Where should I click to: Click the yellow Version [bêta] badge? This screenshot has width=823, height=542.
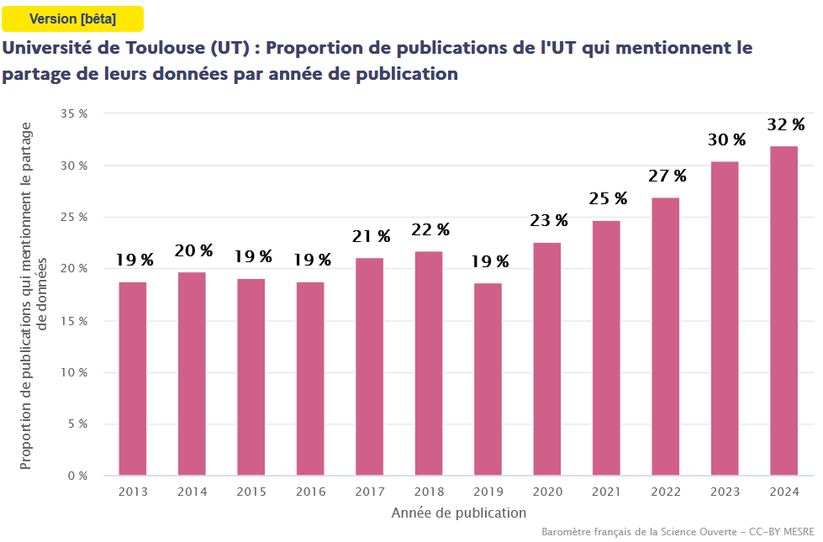[72, 18]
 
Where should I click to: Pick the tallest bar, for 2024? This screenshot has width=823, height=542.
[783, 311]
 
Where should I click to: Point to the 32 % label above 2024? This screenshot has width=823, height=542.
[785, 125]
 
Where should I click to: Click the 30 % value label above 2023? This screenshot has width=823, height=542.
[726, 139]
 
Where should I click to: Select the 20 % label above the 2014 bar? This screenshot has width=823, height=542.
[193, 250]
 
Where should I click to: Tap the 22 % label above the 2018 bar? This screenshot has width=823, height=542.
[430, 230]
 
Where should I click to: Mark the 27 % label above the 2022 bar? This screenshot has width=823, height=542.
[667, 176]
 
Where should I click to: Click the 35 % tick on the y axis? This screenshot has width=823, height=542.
[75, 113]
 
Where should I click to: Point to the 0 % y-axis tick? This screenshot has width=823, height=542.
[77, 476]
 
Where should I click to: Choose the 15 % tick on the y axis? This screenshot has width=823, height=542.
[75, 321]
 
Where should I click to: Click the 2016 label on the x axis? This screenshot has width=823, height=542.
[310, 492]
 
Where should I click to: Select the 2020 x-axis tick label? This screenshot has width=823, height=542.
[547, 492]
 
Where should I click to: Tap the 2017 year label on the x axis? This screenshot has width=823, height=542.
[369, 492]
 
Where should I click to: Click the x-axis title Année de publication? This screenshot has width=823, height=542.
[459, 513]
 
